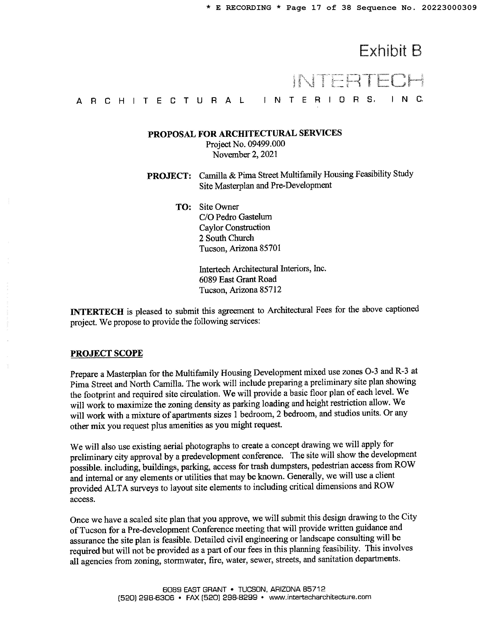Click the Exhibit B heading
[x=390, y=51]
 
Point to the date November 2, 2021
[x=245, y=155]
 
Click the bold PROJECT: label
[x=169, y=176]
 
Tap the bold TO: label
[x=183, y=207]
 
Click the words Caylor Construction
[x=234, y=227]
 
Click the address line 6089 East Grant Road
[x=238, y=279]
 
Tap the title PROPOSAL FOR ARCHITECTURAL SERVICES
[x=245, y=133]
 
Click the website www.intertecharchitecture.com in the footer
[x=320, y=597]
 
